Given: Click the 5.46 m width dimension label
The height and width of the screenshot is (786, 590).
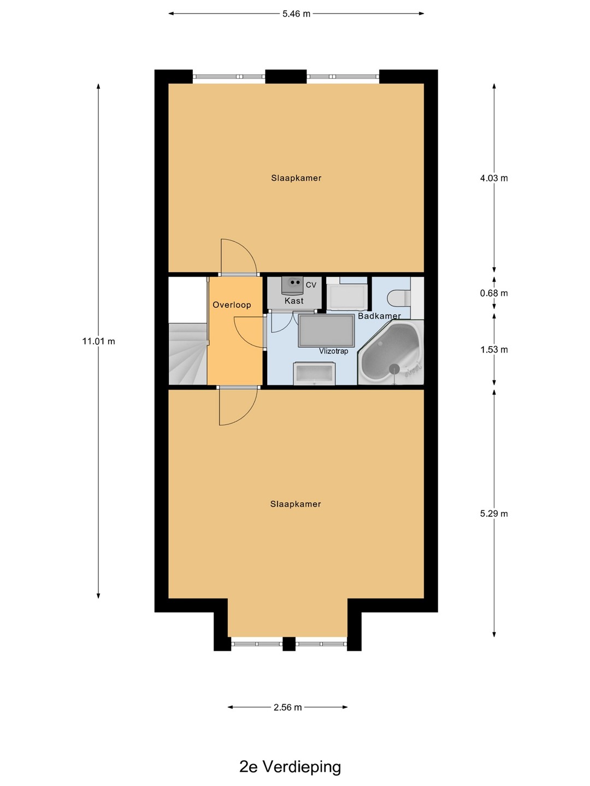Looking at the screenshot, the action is pyautogui.click(x=296, y=14).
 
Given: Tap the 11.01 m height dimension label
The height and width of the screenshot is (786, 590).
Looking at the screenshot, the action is pyautogui.click(x=98, y=341).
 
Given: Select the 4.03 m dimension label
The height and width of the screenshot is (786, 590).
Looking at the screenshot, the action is pyautogui.click(x=494, y=178).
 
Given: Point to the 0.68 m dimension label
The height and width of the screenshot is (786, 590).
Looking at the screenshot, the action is pyautogui.click(x=494, y=293).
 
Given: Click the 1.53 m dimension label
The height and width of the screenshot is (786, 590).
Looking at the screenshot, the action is pyautogui.click(x=494, y=349).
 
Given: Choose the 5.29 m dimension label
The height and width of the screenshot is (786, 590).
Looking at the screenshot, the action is pyautogui.click(x=494, y=514).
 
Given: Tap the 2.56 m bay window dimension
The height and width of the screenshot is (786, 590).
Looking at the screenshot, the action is pyautogui.click(x=288, y=707).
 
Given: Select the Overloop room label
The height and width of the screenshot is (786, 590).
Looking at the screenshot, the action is pyautogui.click(x=232, y=305).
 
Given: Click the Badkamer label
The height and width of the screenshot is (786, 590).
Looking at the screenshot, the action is pyautogui.click(x=379, y=316).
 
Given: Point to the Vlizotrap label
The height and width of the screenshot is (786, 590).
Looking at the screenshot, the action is pyautogui.click(x=333, y=351).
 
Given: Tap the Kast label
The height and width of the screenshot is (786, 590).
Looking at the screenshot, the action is pyautogui.click(x=294, y=301).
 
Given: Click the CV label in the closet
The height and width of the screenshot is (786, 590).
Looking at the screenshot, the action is pyautogui.click(x=311, y=285).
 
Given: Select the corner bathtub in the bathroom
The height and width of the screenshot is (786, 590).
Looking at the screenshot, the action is pyautogui.click(x=391, y=353).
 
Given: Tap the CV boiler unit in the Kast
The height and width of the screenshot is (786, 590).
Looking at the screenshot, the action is pyautogui.click(x=293, y=285).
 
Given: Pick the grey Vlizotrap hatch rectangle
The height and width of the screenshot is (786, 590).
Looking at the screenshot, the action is pyautogui.click(x=326, y=331).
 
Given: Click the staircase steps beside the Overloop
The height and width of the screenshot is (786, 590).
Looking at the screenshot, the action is pyautogui.click(x=188, y=354).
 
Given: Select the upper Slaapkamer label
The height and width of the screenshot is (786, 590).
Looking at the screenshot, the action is pyautogui.click(x=296, y=178).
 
